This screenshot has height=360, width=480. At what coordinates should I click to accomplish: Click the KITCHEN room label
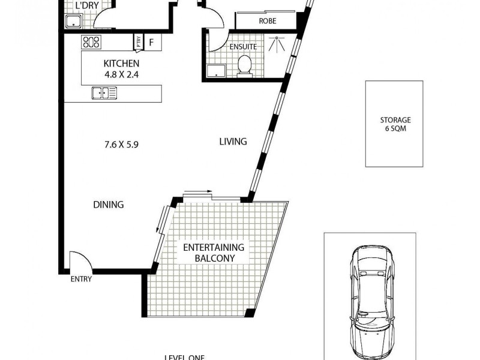coord(121,64)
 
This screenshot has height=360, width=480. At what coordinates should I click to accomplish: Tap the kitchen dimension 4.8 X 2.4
coord(121,75)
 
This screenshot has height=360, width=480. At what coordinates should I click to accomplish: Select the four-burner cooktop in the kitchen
coord(91,42)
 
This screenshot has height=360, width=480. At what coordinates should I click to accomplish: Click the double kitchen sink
coord(104,92)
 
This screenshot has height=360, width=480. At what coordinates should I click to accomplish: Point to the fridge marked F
coord(152,43)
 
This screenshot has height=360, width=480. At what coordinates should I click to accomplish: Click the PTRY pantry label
coord(139,42)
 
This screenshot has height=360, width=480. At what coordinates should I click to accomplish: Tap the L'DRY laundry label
coord(87,7)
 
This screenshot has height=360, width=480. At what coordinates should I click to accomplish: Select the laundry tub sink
coord(73,22)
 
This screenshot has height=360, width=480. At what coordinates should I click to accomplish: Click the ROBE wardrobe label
coord(268,21)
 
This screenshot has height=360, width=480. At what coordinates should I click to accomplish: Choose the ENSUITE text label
coord(243,46)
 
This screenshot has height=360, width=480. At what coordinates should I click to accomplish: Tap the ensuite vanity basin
coord(214,71)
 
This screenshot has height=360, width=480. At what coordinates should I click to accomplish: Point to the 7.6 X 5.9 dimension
coord(121,144)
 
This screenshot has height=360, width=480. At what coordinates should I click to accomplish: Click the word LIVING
coord(233,142)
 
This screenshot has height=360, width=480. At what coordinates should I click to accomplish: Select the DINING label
coord(109,205)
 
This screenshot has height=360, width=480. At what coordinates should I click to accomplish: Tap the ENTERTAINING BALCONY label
coord(214,253)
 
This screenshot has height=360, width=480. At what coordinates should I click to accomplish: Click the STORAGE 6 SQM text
coord(394,124)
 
